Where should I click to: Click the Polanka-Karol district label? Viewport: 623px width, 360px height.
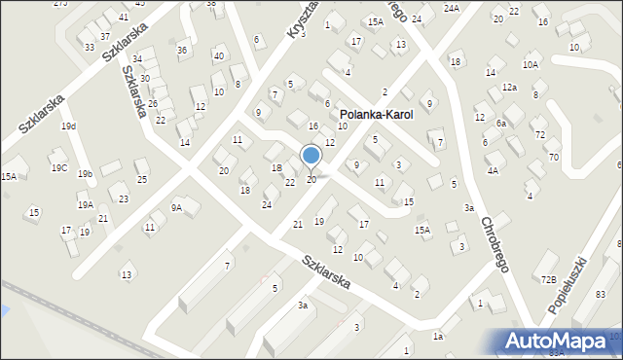click(376, 115)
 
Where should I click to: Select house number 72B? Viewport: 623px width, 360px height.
click(549, 279)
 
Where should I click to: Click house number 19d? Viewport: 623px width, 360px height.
click(67, 126)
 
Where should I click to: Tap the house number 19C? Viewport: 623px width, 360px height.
click(59, 168)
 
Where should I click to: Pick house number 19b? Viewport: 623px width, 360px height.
click(86, 174)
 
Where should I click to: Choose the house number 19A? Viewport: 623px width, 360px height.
click(86, 205)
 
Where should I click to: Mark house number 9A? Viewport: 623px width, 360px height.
click(176, 207)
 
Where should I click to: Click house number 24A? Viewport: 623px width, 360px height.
click(451, 8)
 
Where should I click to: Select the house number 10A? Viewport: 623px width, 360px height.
click(530, 64)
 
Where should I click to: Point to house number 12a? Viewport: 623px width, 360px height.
click(509, 88)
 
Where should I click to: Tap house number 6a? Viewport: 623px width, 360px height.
click(500, 124)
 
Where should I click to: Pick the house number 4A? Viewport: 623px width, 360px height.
click(493, 170)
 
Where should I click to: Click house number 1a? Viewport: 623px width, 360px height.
click(438, 336)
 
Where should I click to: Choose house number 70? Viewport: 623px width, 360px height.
click(553, 157)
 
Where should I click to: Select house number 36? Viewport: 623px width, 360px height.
click(182, 50)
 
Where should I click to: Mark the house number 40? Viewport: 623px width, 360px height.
click(218, 55)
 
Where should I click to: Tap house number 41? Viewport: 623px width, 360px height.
click(124, 18)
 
